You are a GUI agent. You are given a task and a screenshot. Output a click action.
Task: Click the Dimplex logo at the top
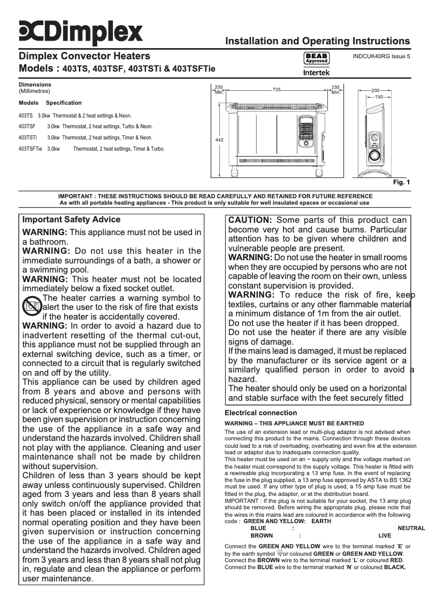[81, 33]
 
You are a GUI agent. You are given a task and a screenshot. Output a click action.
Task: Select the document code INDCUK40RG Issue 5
[381, 57]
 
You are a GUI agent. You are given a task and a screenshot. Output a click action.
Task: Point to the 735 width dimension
[277, 90]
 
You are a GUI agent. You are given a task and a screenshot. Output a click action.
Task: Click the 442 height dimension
[219, 140]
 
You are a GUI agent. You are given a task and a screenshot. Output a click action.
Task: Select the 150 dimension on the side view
[379, 97]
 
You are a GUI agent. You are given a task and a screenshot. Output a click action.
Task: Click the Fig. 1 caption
[401, 183]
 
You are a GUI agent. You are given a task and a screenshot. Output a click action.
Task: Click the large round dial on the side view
[377, 156]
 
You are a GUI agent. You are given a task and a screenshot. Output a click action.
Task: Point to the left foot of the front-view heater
[234, 171]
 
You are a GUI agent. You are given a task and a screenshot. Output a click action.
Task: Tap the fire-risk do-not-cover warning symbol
[32, 307]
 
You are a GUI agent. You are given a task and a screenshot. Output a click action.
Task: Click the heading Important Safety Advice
[71, 220]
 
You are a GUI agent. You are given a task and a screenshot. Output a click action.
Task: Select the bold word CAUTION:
[251, 220]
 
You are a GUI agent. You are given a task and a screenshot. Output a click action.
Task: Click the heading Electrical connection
[261, 413]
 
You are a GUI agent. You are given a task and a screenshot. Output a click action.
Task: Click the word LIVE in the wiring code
[385, 535]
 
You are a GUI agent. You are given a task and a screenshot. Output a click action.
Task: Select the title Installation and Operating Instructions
[318, 41]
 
